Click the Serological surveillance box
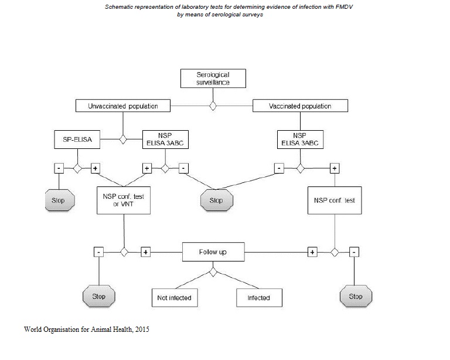[x=213, y=79]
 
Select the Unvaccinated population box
[x=123, y=106]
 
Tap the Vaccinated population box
[x=300, y=106]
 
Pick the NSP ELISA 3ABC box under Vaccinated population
[x=300, y=139]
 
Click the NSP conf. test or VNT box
[x=123, y=200]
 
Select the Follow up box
[x=213, y=252]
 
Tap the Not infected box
[x=174, y=297]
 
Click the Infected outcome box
[x=258, y=297]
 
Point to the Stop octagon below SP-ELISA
[x=58, y=200]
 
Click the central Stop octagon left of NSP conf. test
[x=216, y=200]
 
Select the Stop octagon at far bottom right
[x=356, y=296]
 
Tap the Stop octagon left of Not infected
[x=99, y=296]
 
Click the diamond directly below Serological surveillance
[x=213, y=106]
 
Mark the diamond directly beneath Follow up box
[x=213, y=271]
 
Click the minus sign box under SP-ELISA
[x=59, y=168]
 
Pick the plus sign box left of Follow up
[x=146, y=252]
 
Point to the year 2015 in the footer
[x=141, y=330]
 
